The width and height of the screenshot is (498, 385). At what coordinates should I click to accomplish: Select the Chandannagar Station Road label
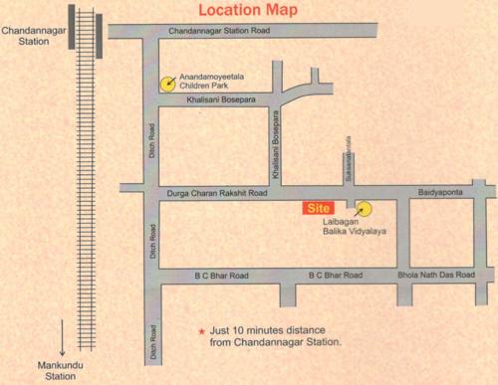coord(219,33)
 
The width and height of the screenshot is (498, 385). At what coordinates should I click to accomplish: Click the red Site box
coord(318,209)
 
